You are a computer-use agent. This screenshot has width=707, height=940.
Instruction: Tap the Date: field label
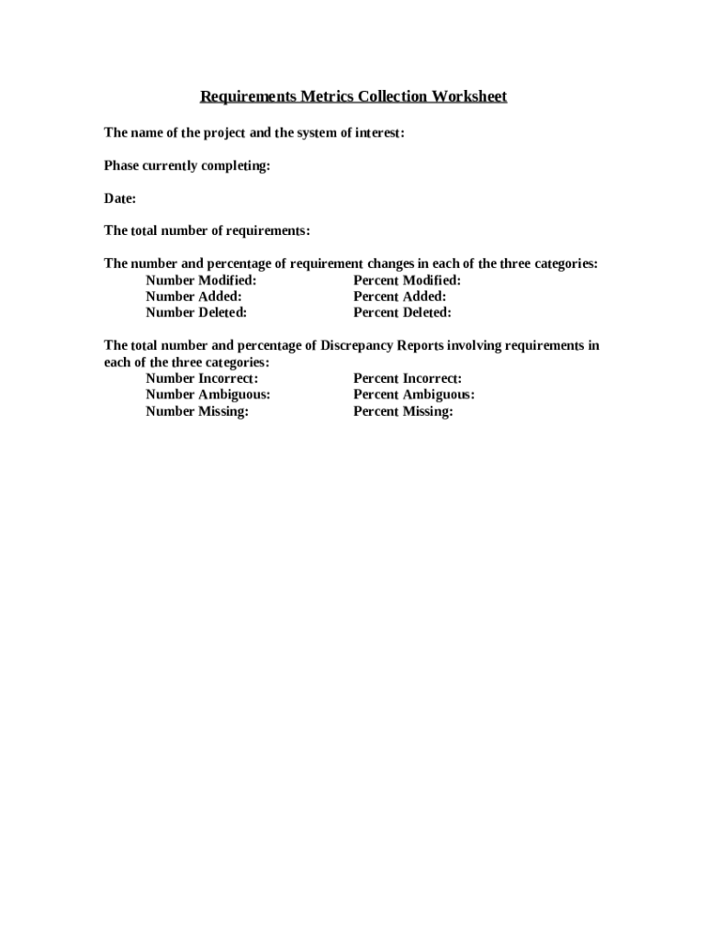click(120, 198)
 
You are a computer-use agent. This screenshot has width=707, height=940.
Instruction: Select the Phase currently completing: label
click(186, 166)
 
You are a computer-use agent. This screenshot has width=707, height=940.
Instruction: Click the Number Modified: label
click(201, 280)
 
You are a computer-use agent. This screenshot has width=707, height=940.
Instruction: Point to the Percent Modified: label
click(407, 280)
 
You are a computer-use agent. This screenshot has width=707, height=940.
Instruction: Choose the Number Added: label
click(194, 297)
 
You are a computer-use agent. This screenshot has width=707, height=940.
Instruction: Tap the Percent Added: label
click(399, 297)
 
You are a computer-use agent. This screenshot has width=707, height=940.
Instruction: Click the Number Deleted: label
click(196, 313)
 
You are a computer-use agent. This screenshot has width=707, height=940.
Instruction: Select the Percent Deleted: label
click(402, 313)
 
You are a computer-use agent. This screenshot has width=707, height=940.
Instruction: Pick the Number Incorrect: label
click(202, 378)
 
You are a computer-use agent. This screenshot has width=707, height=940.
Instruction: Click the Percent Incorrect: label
click(408, 378)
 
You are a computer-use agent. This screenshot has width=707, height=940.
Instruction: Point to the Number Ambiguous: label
click(208, 395)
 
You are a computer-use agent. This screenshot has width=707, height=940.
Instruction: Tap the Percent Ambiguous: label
click(414, 395)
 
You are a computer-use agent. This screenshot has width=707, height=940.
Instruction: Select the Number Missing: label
click(197, 411)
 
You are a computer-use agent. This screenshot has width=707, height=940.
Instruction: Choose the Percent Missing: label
click(403, 411)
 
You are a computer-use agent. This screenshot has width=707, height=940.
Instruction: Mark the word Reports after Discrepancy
click(421, 346)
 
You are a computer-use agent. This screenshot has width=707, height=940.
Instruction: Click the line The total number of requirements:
click(207, 230)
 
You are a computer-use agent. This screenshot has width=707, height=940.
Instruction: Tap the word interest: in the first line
click(379, 134)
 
